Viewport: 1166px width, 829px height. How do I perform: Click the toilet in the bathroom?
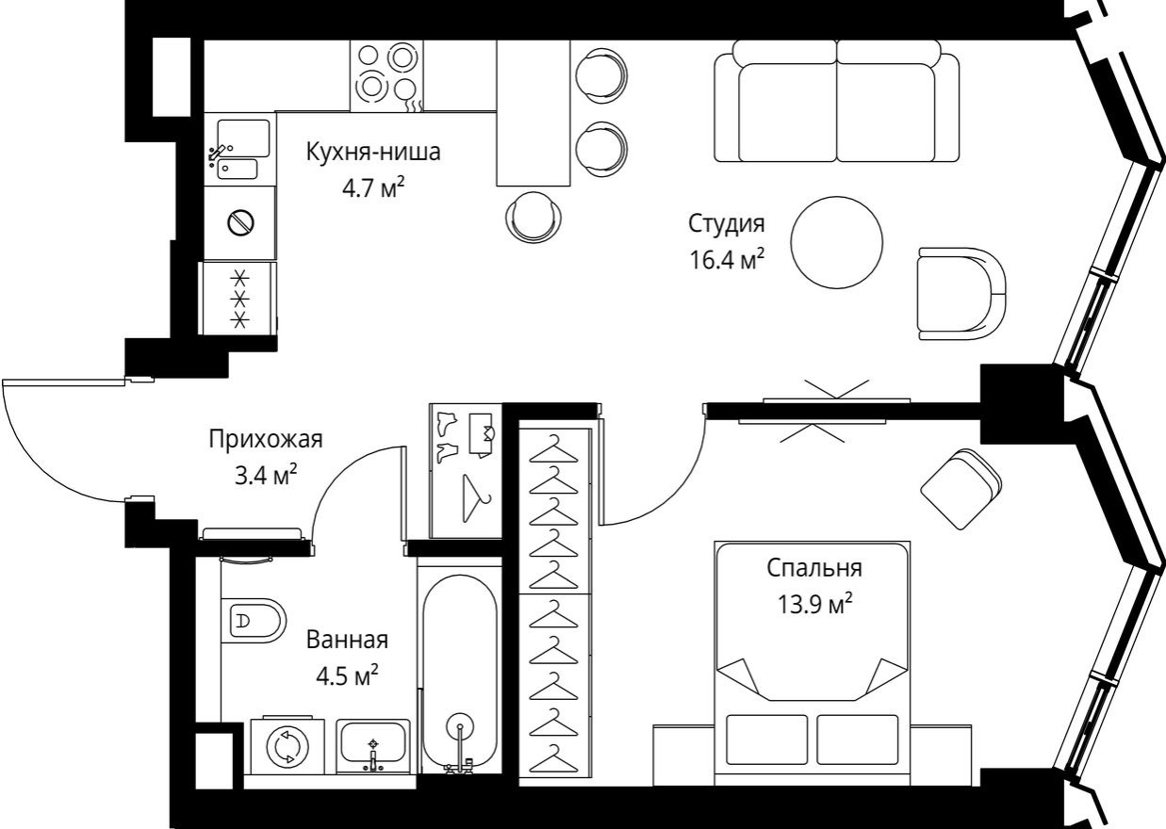click(253, 621)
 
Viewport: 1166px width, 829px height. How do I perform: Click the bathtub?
click(459, 669)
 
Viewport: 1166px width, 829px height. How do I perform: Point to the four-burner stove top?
click(386, 73)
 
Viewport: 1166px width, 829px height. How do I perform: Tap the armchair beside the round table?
click(960, 294)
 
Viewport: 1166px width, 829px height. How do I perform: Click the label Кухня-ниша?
click(373, 152)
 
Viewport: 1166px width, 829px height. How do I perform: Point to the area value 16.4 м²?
click(725, 258)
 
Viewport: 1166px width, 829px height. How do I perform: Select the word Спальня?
click(814, 568)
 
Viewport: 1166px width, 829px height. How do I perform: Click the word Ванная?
click(347, 641)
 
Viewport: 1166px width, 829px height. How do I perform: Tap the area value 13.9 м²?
click(814, 602)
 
